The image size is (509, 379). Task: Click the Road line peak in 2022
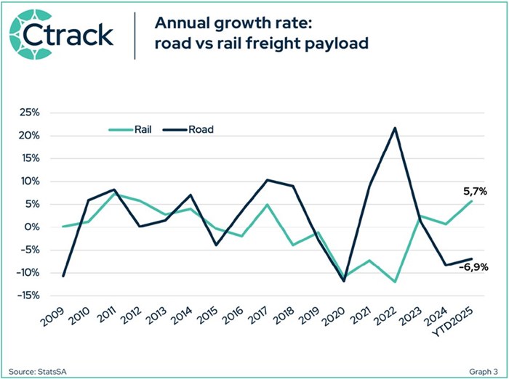pyautogui.click(x=394, y=129)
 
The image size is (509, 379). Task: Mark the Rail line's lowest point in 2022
pyautogui.click(x=394, y=282)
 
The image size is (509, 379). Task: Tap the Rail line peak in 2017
pyautogui.click(x=268, y=205)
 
